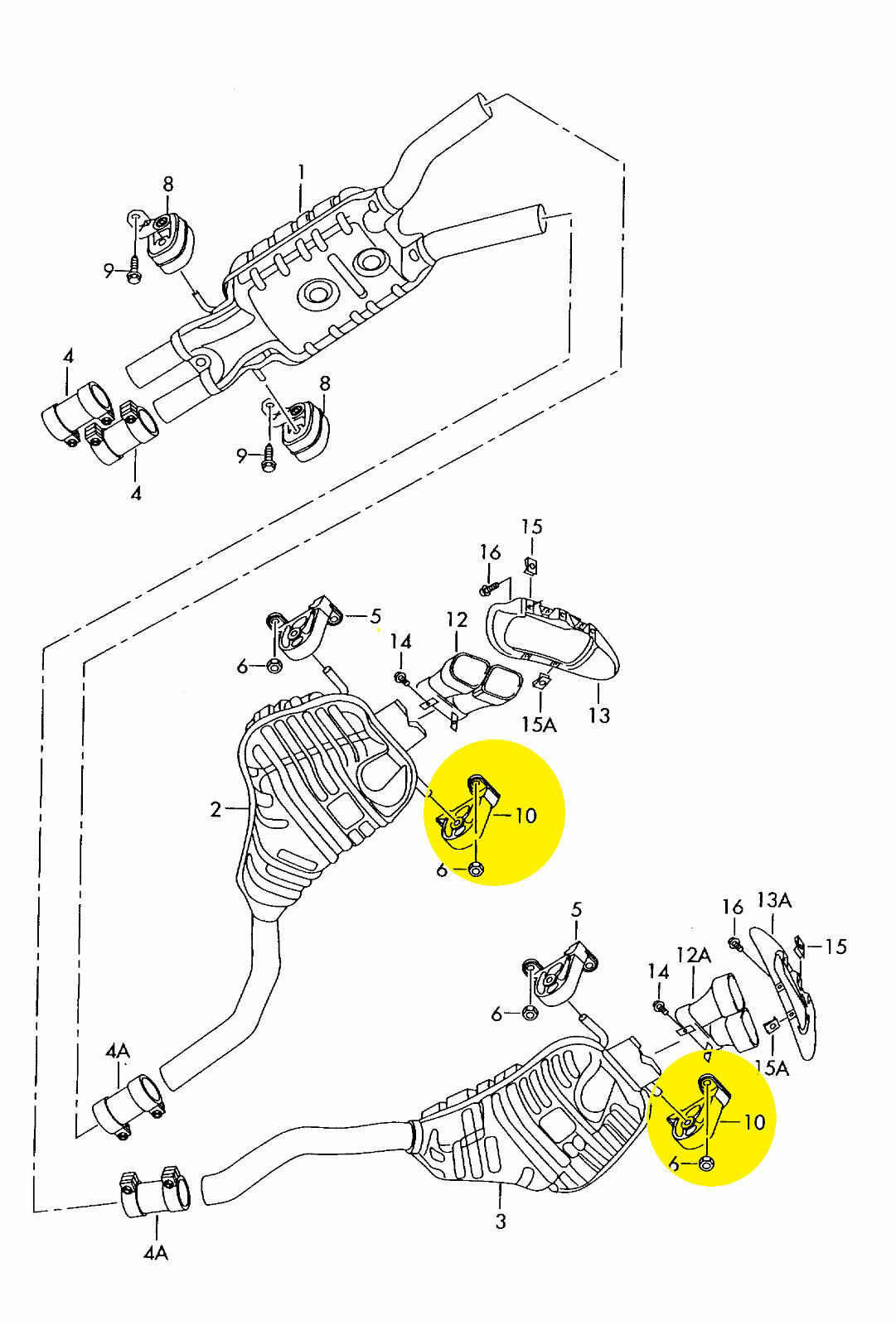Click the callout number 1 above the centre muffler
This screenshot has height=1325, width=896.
point(301,174)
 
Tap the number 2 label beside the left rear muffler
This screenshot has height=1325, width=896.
point(216,809)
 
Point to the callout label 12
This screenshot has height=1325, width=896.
point(457,619)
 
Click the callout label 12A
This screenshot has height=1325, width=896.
point(694,955)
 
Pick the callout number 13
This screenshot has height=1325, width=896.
point(598,715)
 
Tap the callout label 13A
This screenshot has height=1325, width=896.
point(774,901)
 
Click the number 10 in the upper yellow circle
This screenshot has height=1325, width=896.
point(525,816)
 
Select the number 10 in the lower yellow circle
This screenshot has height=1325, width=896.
point(754,1122)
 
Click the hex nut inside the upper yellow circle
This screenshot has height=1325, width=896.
point(476,869)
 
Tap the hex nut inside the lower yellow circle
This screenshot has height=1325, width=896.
point(705,1164)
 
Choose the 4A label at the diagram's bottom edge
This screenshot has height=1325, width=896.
point(156,1270)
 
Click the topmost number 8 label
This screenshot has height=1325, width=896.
point(168,185)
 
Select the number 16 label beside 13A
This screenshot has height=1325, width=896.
point(732,906)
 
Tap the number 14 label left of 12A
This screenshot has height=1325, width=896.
point(658,972)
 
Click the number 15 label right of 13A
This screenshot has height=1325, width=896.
point(835,947)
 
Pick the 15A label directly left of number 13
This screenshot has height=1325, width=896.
point(540,724)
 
